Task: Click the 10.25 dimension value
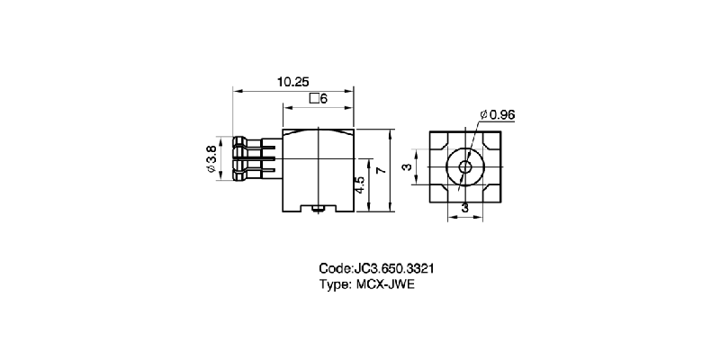pyautogui.click(x=290, y=81)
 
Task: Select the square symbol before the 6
pyautogui.click(x=313, y=99)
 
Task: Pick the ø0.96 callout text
pyautogui.click(x=497, y=114)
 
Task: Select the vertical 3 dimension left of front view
pyautogui.click(x=406, y=168)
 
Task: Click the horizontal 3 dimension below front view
pyautogui.click(x=464, y=209)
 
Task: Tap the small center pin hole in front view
pyautogui.click(x=464, y=167)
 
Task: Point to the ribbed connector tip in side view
pyautogui.click(x=241, y=160)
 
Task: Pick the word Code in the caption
pyautogui.click(x=336, y=269)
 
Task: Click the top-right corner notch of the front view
pyautogui.click(x=493, y=139)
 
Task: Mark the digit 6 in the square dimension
pyautogui.click(x=323, y=99)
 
